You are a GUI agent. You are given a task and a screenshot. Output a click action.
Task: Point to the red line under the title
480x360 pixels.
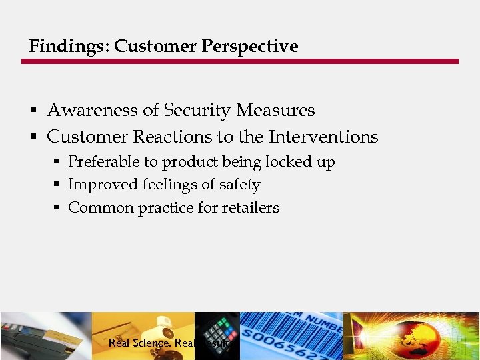[240, 61]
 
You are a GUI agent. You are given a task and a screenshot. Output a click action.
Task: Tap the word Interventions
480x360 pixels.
[323, 137]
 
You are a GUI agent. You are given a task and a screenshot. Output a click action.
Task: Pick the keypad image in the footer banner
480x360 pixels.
[217, 333]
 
